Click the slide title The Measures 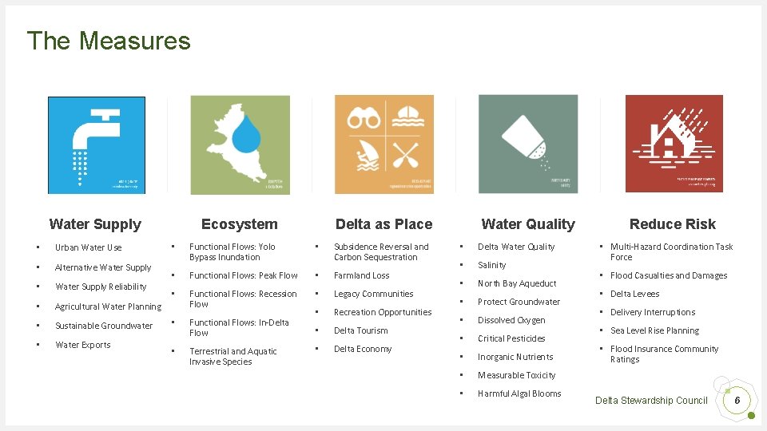point(109,41)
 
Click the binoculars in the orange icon point(364,120)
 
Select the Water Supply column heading point(95,224)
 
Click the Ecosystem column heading point(240,224)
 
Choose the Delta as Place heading point(383,224)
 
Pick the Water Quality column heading point(528,224)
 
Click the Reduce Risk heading point(673,224)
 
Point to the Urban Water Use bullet point(89,247)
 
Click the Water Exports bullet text point(83,345)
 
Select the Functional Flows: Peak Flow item point(244,275)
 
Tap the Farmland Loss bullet point(362,275)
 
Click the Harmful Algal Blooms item point(519,393)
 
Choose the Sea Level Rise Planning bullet point(654,330)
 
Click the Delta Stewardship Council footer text point(651,400)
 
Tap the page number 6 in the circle point(737,400)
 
